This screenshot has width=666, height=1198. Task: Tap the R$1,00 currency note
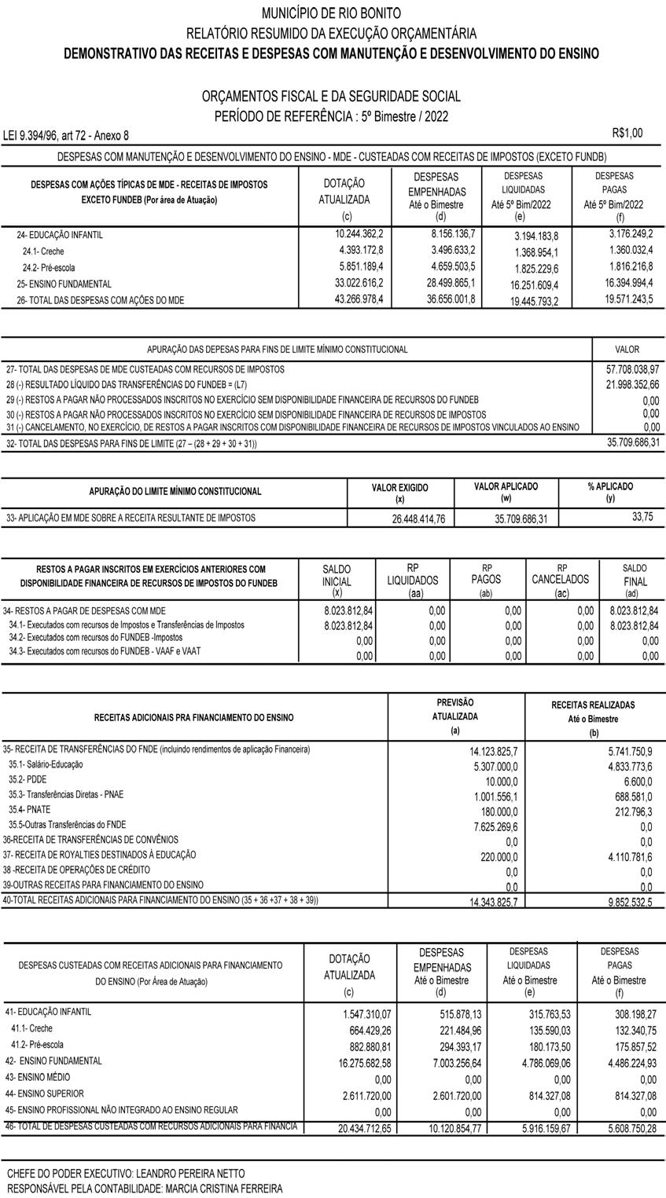(627, 134)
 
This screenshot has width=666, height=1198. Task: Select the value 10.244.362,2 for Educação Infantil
(359, 234)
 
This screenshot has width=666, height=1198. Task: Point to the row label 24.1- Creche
(43, 251)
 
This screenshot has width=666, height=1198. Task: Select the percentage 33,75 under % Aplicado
(642, 516)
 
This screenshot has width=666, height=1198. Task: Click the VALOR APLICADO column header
(506, 486)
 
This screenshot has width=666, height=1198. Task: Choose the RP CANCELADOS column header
(561, 580)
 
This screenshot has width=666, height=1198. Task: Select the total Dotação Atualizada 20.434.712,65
(359, 1128)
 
